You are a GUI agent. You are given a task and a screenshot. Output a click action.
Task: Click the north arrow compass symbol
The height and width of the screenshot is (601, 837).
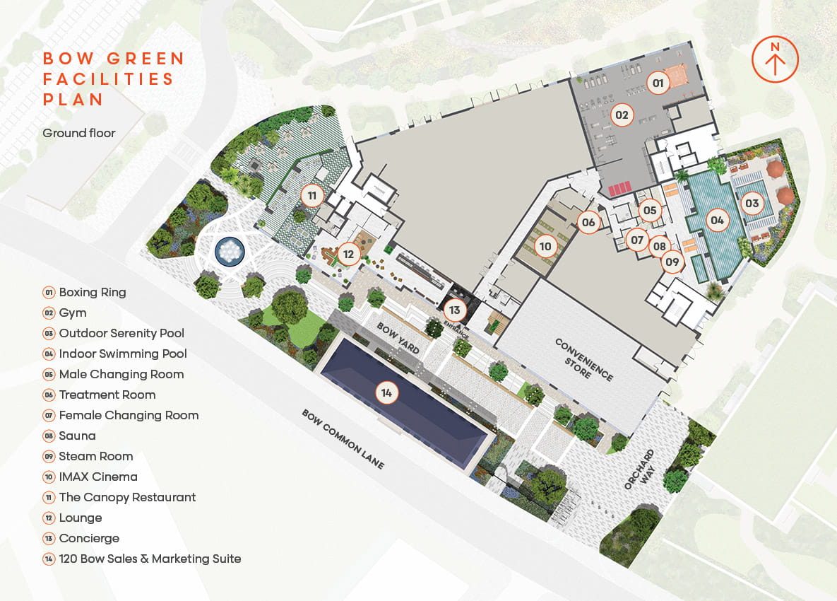click(775, 58)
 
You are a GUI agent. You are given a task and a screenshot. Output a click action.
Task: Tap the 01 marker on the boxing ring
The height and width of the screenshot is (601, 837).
click(658, 84)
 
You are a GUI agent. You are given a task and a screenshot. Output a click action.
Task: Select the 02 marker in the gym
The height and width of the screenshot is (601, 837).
click(622, 114)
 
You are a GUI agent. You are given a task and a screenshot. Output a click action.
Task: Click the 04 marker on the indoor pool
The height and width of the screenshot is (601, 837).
click(718, 221)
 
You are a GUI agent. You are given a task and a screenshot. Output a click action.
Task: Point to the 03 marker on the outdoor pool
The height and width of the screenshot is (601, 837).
click(752, 204)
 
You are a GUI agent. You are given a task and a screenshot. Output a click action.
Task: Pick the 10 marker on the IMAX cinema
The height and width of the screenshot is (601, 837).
click(545, 246)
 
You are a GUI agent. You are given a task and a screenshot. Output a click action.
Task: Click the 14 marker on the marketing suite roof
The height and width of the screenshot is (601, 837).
click(386, 392)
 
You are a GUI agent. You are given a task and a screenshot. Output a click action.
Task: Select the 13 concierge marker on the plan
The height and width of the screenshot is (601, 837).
click(454, 310)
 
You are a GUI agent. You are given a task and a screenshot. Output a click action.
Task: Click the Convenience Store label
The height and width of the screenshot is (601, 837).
click(583, 358)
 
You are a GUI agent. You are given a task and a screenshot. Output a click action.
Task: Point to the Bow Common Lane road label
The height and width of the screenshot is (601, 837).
click(343, 439)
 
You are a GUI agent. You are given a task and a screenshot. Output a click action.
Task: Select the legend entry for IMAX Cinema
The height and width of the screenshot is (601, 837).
click(97, 477)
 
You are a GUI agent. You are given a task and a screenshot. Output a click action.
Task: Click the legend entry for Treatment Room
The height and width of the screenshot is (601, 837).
click(107, 395)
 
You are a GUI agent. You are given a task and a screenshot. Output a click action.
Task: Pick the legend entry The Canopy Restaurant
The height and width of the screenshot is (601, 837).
click(127, 497)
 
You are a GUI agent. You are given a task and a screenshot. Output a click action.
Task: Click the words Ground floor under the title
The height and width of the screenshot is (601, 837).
click(78, 133)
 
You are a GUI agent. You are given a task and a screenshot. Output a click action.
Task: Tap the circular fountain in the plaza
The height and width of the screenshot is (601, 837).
click(230, 250)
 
